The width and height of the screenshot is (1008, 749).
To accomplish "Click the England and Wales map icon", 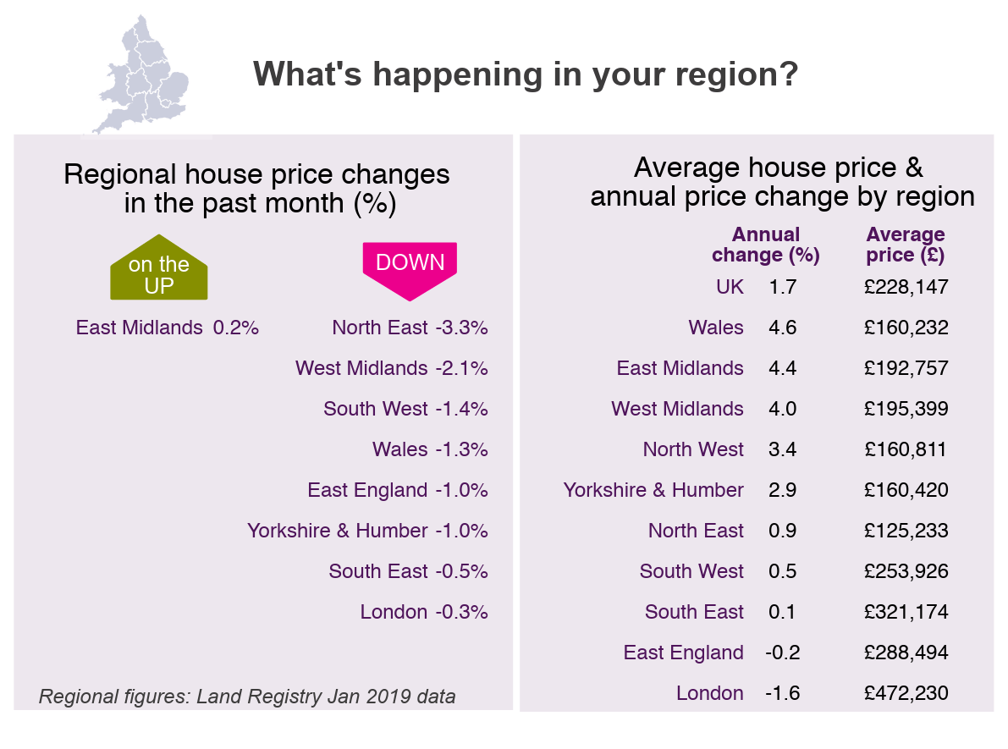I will click(141, 74).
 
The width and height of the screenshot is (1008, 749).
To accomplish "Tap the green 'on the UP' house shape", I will click(159, 270).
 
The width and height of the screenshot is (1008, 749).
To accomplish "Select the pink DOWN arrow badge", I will click(410, 267).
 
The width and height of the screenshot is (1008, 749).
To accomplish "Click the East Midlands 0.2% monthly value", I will click(235, 328).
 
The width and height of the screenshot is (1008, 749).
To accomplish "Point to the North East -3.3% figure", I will click(461, 328).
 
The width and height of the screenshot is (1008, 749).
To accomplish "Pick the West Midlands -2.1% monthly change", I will click(461, 368).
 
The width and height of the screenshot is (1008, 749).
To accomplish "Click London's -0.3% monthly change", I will click(461, 612).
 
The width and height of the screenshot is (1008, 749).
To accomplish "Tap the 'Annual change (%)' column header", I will click(766, 245).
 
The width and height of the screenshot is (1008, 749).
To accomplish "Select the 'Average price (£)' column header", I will click(906, 245).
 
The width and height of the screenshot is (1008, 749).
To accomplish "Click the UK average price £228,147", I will click(906, 287).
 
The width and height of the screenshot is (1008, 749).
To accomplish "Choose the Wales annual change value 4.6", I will click(782, 328).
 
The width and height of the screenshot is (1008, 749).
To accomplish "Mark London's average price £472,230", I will click(906, 693).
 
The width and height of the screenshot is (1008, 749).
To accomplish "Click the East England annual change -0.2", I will click(782, 653).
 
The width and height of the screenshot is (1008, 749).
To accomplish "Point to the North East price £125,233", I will click(906, 531).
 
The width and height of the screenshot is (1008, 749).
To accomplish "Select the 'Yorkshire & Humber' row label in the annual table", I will click(653, 490).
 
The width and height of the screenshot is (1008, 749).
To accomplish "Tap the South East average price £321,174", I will click(906, 612).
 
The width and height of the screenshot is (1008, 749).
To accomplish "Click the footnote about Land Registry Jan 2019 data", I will click(247, 697).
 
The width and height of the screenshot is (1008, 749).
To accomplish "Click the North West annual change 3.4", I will click(782, 449).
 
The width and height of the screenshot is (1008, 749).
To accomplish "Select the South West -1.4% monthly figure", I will click(461, 409).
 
